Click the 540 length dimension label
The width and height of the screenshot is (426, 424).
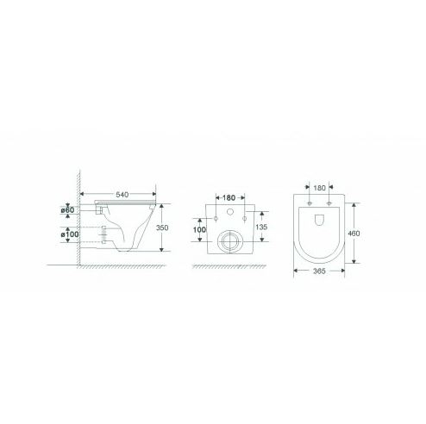coord(122,195)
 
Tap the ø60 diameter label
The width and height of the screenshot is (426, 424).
coord(67,210)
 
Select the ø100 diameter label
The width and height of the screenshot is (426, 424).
coord(70,234)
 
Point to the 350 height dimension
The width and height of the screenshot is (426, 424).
coord(162,228)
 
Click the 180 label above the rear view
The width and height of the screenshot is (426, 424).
coord(229,198)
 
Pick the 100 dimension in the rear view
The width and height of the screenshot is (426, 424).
coord(199,230)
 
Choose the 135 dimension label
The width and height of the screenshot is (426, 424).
coord(261,227)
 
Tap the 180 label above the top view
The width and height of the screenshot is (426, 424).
coord(319,188)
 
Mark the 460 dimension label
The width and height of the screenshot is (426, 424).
coord(354,234)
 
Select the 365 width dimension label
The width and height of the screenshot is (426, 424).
coord(319,271)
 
